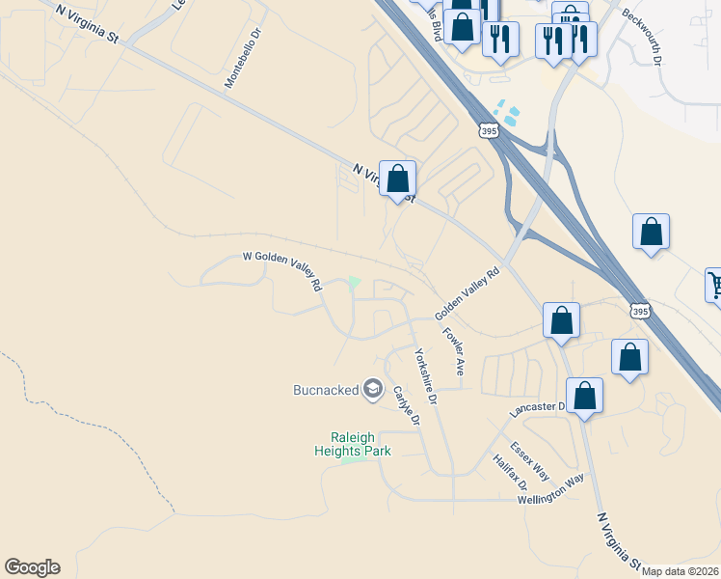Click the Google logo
tap(32, 567)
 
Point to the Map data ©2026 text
tap(680, 571)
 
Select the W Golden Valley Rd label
tap(281, 271)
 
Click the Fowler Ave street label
tap(454, 351)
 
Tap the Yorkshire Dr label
tap(426, 376)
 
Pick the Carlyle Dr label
tap(407, 405)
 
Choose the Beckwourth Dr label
tap(643, 36)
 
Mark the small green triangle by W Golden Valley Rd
tap(354, 284)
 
